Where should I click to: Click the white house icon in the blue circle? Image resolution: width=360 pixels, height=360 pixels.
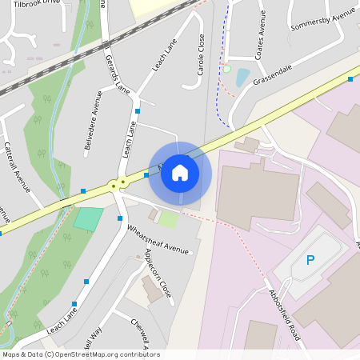180,172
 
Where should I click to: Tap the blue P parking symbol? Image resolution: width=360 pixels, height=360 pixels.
311,260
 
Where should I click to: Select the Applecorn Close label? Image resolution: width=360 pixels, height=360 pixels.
158,273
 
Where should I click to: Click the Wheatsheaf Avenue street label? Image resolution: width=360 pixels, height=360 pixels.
158,240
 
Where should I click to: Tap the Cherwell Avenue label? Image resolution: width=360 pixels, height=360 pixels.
141,335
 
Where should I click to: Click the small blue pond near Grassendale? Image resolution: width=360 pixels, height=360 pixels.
242,78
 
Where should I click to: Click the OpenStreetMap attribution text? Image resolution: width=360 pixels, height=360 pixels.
81,354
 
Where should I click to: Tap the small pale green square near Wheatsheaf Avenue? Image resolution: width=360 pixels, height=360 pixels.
168,218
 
